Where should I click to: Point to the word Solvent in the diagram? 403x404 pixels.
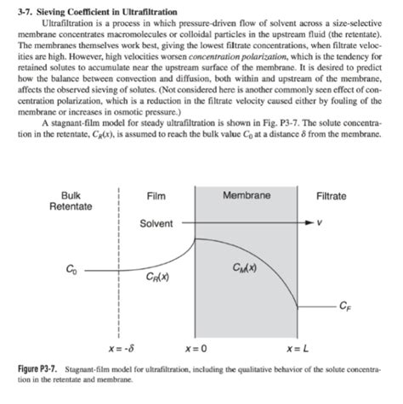(x=156, y=223)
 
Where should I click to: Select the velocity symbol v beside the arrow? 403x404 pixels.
(x=320, y=223)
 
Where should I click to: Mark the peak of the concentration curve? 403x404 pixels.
(x=197, y=238)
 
